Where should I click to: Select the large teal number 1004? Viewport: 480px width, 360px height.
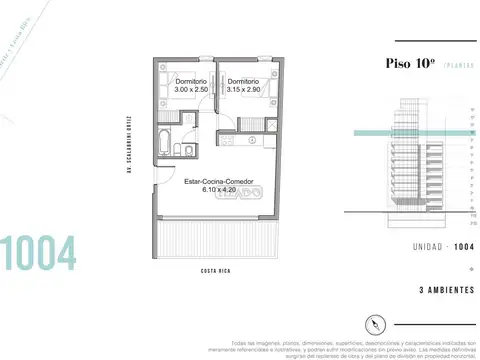tap(38, 255)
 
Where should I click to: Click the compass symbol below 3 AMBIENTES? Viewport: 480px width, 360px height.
tap(376, 323)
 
